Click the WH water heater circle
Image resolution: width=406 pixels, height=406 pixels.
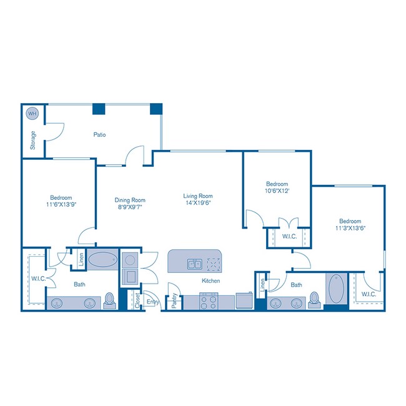31,114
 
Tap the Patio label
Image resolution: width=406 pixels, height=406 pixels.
99,134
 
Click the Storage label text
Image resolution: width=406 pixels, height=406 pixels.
33,141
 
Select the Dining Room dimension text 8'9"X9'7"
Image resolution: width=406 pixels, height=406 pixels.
130,209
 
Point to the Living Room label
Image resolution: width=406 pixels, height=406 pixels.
198,195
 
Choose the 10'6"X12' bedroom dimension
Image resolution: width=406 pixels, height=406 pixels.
277,192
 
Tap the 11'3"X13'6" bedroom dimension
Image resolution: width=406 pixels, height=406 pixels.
350,228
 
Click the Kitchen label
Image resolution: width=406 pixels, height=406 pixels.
210,281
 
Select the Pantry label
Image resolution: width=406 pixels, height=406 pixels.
174,301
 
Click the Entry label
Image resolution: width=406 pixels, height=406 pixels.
152,302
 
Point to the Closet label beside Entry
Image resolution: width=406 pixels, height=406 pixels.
137,301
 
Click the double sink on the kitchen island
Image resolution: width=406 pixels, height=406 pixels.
195,264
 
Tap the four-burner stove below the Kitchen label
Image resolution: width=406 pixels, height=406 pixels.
208,302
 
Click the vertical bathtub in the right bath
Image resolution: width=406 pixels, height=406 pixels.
335,289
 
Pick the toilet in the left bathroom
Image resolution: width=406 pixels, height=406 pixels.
111,301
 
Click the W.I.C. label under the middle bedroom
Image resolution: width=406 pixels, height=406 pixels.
289,237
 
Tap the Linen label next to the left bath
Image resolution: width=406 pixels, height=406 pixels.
81,259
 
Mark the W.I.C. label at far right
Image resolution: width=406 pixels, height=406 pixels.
369,294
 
